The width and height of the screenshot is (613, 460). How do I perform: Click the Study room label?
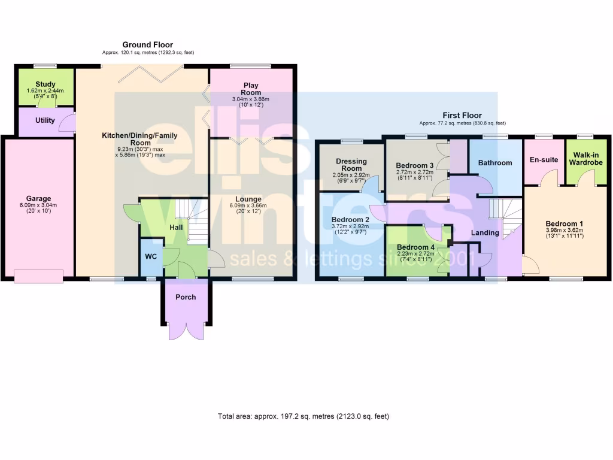45,84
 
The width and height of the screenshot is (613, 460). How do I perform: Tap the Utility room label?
45,120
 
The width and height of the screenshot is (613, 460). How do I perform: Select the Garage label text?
38,199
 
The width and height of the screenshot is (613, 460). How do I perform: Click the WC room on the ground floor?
150,257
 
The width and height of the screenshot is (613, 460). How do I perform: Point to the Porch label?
186,297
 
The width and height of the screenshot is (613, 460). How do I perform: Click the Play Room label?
251,89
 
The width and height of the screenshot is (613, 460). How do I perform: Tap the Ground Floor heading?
147,45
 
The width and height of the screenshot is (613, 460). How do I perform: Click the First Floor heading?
462,115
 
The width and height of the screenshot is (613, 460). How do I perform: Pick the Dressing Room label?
351,165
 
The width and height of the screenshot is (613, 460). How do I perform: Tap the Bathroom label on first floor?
495,163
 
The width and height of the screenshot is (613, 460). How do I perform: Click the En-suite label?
544,160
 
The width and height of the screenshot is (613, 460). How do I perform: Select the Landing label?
485,233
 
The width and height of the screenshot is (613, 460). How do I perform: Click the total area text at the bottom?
306,416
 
